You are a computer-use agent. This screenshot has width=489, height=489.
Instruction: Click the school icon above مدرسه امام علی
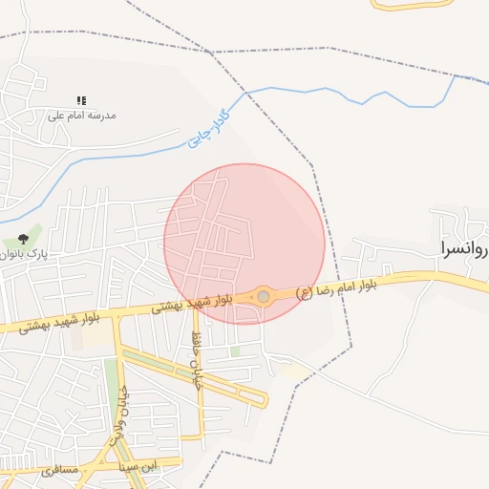coord(82,100)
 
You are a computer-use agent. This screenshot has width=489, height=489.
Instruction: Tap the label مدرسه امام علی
coord(82,116)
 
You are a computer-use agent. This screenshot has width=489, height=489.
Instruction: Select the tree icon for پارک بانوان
coord(23,239)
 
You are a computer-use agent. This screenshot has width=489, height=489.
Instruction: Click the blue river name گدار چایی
coord(210,127)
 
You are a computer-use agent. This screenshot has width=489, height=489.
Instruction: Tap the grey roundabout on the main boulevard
coord(264,297)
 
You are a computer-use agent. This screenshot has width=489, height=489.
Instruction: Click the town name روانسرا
coord(463,248)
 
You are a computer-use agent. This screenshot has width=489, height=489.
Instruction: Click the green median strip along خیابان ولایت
coord(112,382)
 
